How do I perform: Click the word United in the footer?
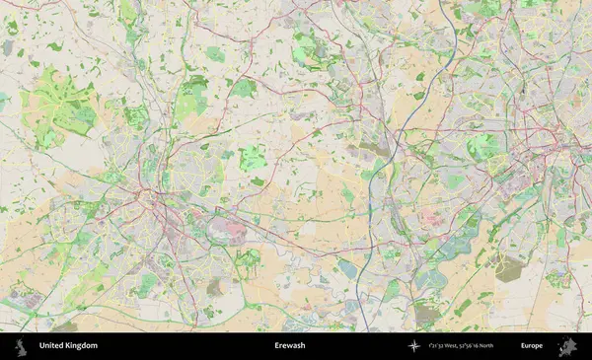coord(50,346)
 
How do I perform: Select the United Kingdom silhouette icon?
coord(19,346)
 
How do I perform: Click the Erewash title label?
coord(289,346)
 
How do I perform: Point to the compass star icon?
coord(414,346)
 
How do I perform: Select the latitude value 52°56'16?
coord(484,346)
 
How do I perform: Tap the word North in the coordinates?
coord(510,346)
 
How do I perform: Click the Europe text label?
coord(532,346)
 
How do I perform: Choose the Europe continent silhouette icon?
coord(567,346)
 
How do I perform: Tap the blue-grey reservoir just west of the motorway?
coord(348,269)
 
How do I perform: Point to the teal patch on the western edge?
coord(3,100)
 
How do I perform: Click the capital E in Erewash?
coord(276,346)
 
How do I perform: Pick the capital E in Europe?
coord(523,346)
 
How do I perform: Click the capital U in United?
coord(41,346)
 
